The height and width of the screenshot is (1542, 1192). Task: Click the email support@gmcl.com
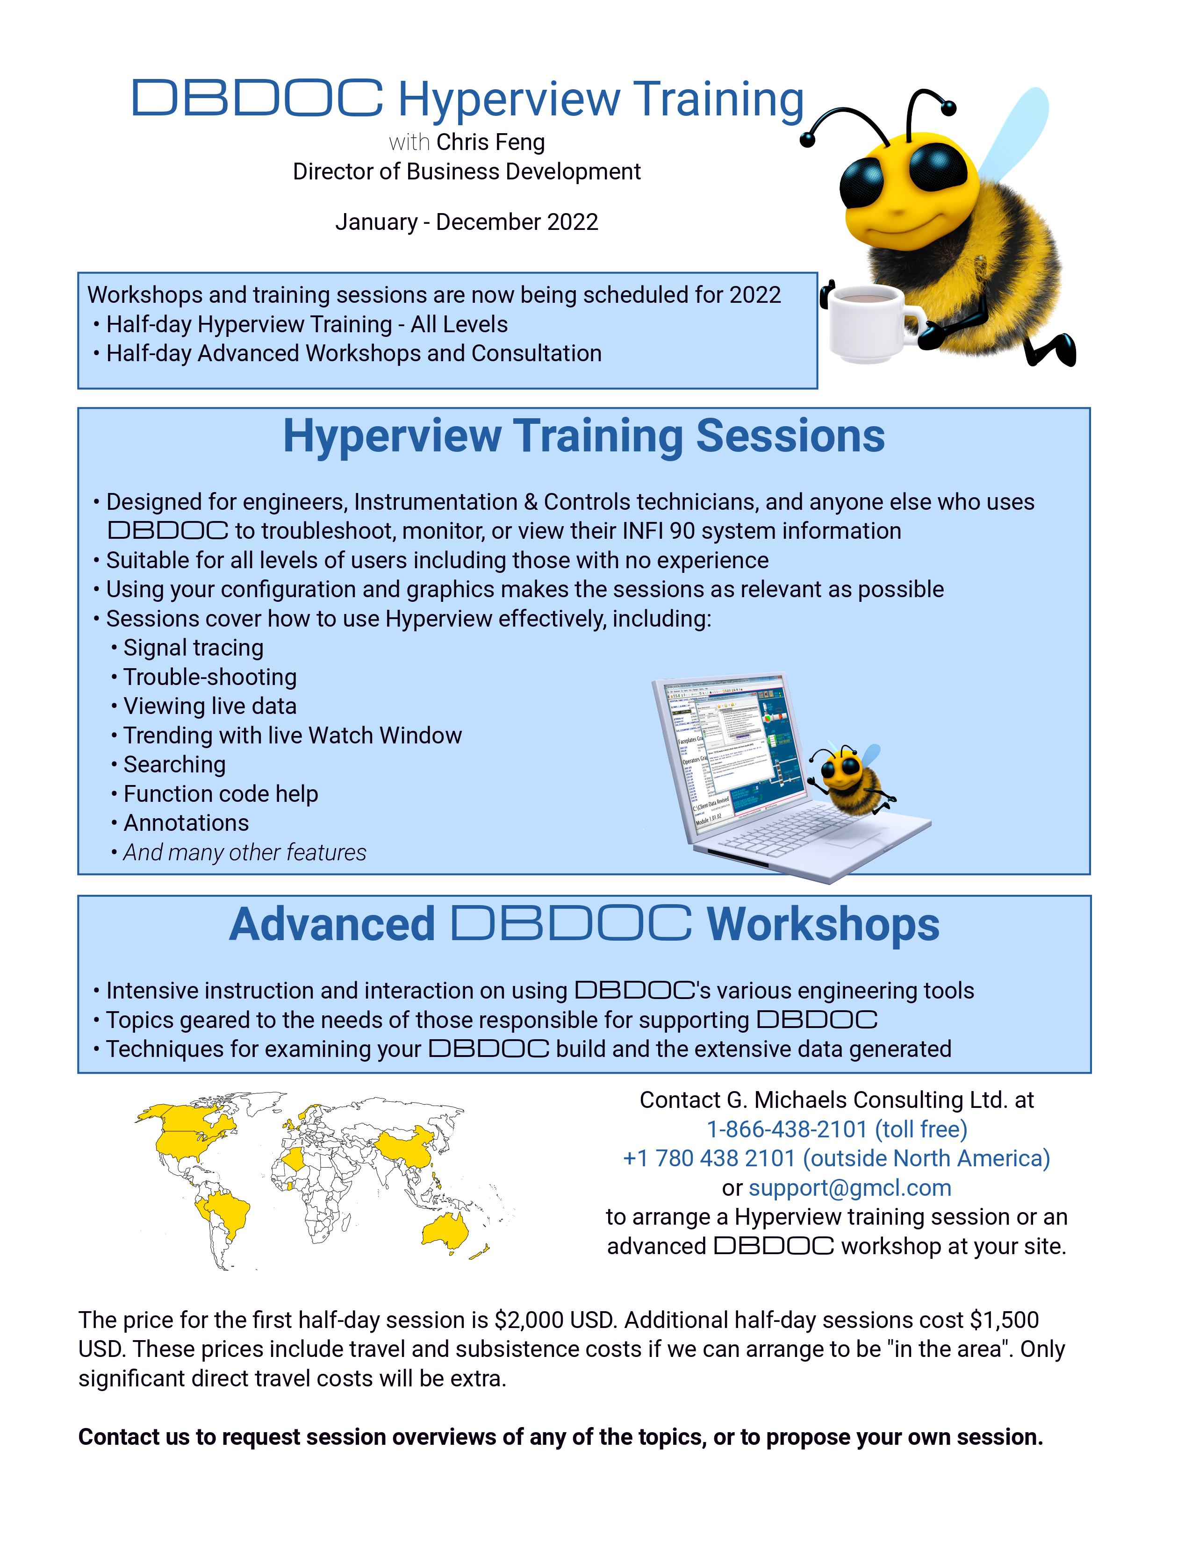click(849, 1187)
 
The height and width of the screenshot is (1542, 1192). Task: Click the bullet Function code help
click(220, 793)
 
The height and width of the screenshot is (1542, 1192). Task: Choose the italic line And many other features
click(244, 852)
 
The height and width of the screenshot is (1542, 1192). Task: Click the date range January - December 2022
click(466, 221)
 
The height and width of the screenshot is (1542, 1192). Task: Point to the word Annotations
click(186, 822)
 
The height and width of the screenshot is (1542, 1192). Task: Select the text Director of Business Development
click(466, 171)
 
